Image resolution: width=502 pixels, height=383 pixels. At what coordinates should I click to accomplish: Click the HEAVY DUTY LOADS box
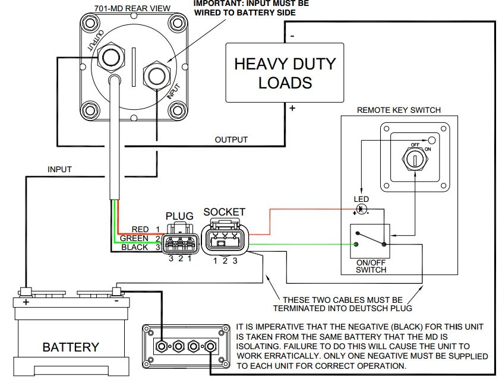[x=285, y=72]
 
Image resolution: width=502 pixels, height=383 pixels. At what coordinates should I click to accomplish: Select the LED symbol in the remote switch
[x=362, y=210]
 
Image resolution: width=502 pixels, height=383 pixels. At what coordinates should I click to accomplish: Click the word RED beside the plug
[x=140, y=229]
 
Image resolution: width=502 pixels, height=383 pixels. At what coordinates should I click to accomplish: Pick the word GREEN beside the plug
[x=134, y=238]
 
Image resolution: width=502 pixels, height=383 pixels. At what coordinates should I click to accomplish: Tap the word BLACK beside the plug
[x=135, y=247]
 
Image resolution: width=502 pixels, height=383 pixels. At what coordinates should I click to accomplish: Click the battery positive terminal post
[x=26, y=291]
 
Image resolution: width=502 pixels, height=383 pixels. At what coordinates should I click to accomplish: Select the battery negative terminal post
[x=116, y=291]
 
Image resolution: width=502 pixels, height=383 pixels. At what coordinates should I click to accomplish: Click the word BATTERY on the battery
[x=71, y=347]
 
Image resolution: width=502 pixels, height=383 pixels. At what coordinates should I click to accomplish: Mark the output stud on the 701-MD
[x=110, y=58]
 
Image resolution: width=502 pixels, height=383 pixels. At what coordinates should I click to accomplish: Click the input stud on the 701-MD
[x=157, y=75]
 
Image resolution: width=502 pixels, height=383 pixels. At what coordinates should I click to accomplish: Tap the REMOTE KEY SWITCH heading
[x=399, y=110]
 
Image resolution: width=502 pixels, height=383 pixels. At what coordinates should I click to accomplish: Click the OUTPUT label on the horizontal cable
[x=231, y=140]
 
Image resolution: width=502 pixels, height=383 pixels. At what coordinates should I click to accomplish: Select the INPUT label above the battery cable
[x=59, y=169]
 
